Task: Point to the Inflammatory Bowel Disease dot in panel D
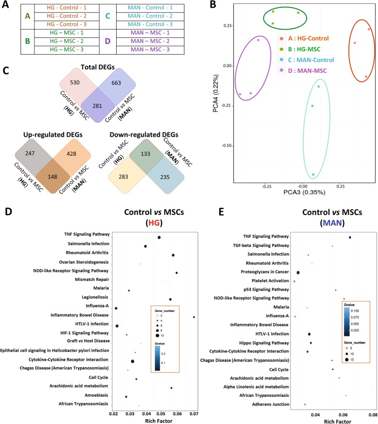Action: pos(194,317)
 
